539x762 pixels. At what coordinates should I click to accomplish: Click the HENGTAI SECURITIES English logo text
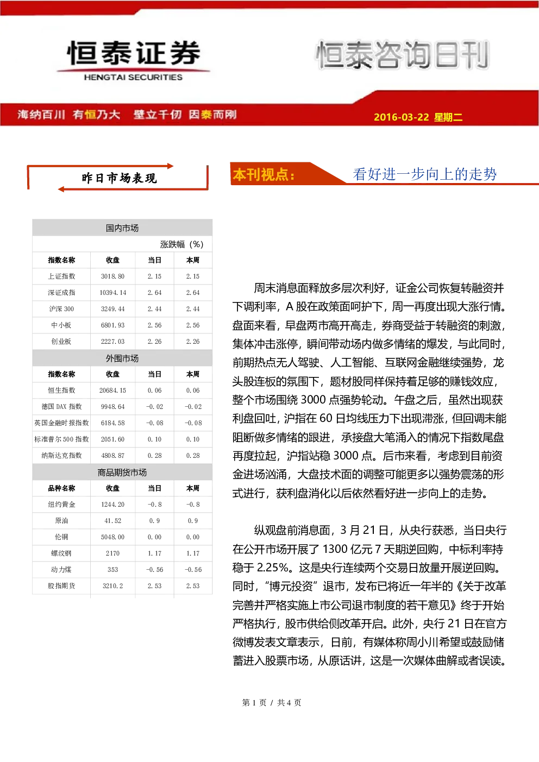point(133,77)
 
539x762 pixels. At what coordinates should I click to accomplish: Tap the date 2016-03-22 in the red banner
point(402,117)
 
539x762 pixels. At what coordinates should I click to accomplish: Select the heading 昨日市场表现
point(119,178)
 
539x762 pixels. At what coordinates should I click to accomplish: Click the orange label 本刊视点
point(264,174)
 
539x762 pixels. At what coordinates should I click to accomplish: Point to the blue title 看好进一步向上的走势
point(425,174)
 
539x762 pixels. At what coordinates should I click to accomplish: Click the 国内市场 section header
point(122,228)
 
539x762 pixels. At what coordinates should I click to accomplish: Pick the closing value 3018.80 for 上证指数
point(112,276)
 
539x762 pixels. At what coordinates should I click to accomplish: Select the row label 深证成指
point(61,293)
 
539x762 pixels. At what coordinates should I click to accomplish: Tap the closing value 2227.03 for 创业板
point(112,342)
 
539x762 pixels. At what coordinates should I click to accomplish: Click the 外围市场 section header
point(122,358)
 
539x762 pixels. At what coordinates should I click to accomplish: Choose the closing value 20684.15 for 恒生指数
point(112,391)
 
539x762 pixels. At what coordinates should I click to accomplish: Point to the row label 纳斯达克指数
point(61,456)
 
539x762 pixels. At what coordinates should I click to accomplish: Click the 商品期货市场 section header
point(122,473)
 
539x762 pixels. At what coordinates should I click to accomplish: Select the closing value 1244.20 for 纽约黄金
point(112,505)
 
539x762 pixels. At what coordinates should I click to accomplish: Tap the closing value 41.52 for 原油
point(112,521)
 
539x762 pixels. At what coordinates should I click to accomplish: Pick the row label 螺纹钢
point(61,553)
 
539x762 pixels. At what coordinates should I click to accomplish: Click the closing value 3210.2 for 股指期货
point(112,586)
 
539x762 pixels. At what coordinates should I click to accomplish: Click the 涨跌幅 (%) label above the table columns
point(181,244)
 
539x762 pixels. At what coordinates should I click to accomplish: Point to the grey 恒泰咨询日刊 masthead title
point(402,54)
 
